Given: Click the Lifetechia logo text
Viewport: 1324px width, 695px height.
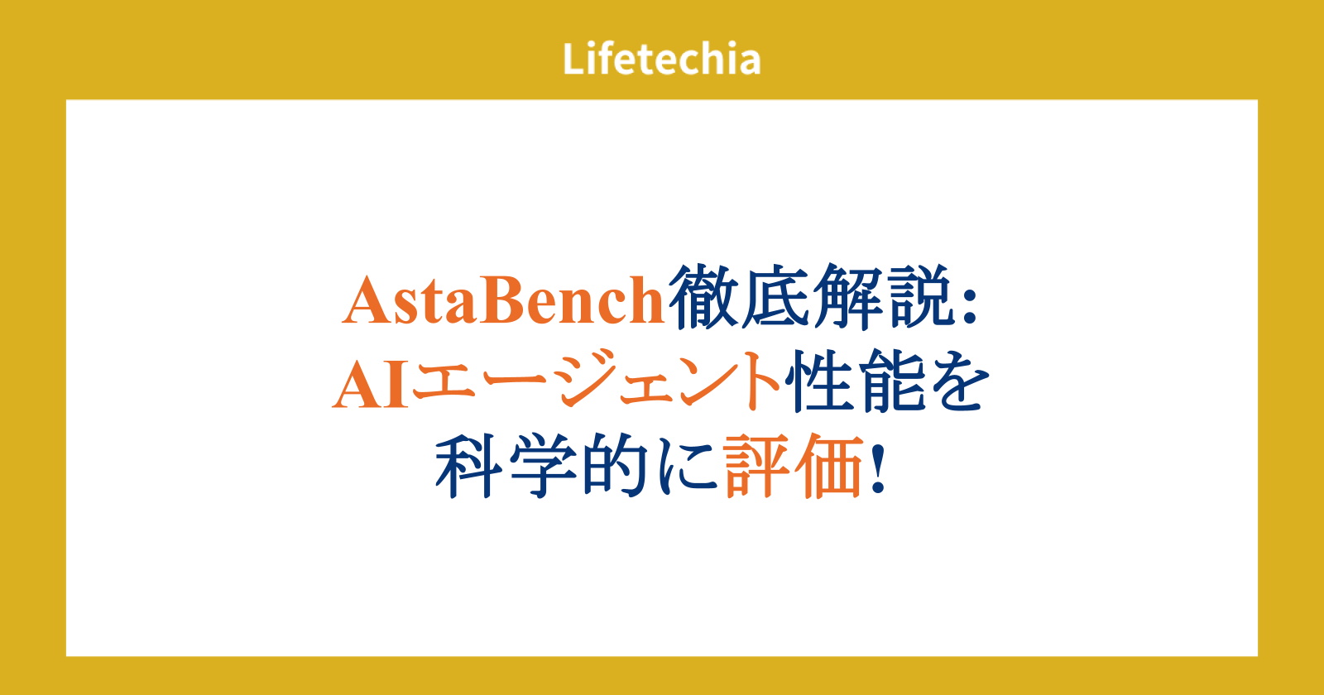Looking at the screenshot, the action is pos(661,59).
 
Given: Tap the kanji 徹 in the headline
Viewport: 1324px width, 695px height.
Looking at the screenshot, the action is pos(703,296).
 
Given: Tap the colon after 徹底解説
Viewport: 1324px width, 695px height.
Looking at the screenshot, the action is pos(969,307).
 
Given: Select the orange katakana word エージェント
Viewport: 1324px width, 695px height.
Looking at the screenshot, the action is pos(596,381).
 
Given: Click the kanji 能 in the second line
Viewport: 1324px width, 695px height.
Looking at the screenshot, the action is pos(890,381).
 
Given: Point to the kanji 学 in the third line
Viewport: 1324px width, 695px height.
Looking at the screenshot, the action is pos(543,466).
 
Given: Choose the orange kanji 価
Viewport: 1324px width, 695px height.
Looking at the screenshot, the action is pos(828,466).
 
